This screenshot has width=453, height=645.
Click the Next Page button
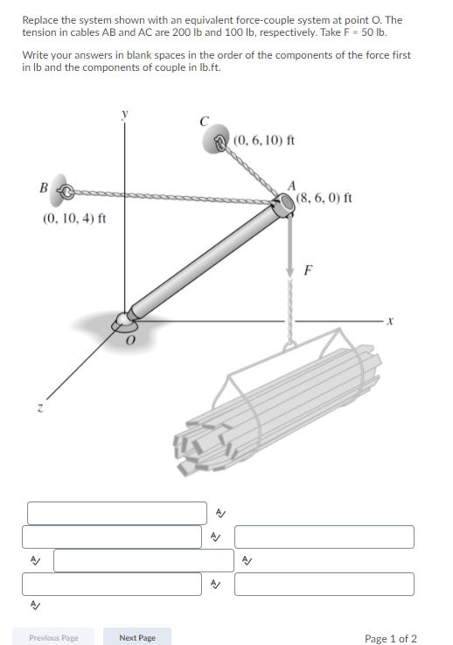[x=136, y=637]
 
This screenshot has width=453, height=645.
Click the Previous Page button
[x=53, y=637]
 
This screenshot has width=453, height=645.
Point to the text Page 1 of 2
[x=390, y=638]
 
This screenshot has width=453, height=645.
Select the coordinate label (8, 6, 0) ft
[x=324, y=198]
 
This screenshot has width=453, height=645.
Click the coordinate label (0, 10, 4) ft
[x=74, y=218]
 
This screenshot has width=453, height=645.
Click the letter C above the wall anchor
[x=205, y=122]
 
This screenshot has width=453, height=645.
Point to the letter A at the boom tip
[x=294, y=185]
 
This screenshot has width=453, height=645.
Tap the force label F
[x=308, y=270]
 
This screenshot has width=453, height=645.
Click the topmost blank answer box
[x=116, y=513]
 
